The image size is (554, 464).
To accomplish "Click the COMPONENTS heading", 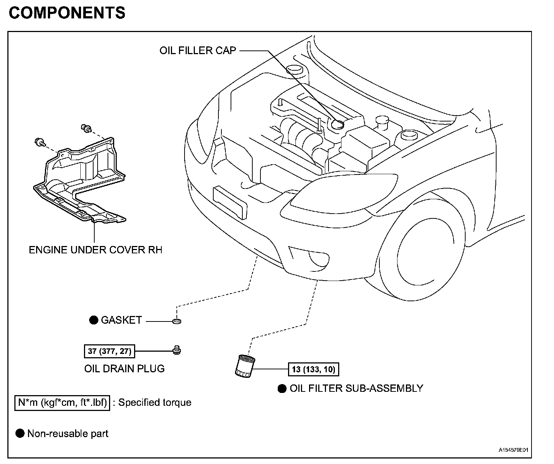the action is point(67,13).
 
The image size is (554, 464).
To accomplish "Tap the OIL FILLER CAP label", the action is point(198,50).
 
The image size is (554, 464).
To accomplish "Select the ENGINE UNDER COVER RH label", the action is point(95,250).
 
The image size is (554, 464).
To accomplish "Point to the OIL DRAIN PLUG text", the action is point(125,369).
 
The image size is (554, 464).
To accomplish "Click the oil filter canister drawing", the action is point(245,366).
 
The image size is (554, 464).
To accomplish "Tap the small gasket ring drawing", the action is point(177,321).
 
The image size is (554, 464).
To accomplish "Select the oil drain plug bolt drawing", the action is point(177,350).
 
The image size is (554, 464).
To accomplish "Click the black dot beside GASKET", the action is point(94,320).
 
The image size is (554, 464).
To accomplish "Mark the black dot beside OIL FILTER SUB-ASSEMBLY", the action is point(282,389).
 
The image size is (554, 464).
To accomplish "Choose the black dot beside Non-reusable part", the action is point(20,433).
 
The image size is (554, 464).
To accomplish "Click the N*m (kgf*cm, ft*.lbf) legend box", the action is point(62,403).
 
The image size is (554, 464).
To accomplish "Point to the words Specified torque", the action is point(155,403).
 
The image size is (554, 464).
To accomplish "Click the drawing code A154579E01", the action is point(513,450).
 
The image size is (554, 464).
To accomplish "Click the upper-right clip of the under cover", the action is point(87,129).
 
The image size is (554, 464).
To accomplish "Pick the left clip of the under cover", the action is point(40,143).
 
